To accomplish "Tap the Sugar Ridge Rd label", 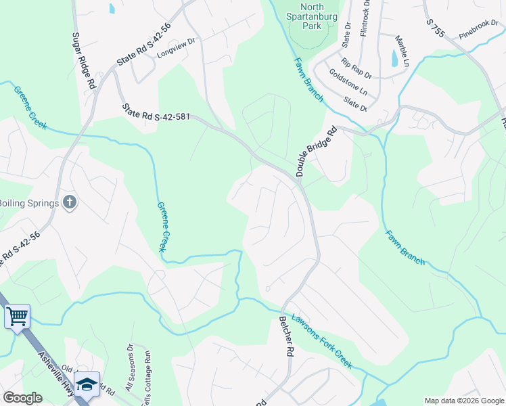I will pyautogui.click(x=82, y=61).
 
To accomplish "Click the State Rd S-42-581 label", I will pyautogui.click(x=156, y=113).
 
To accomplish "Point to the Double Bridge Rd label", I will pyautogui.click(x=316, y=153).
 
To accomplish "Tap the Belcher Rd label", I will pyautogui.click(x=286, y=336).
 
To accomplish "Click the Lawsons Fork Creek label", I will pyautogui.click(x=322, y=341).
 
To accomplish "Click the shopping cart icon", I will pyautogui.click(x=17, y=315).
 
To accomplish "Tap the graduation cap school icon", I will pyautogui.click(x=87, y=384).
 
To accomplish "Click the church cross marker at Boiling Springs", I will pyautogui.click(x=69, y=202).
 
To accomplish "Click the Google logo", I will pyautogui.click(x=23, y=398).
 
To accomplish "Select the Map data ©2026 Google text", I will pyautogui.click(x=463, y=401).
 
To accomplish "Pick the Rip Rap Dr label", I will pyautogui.click(x=355, y=67).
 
